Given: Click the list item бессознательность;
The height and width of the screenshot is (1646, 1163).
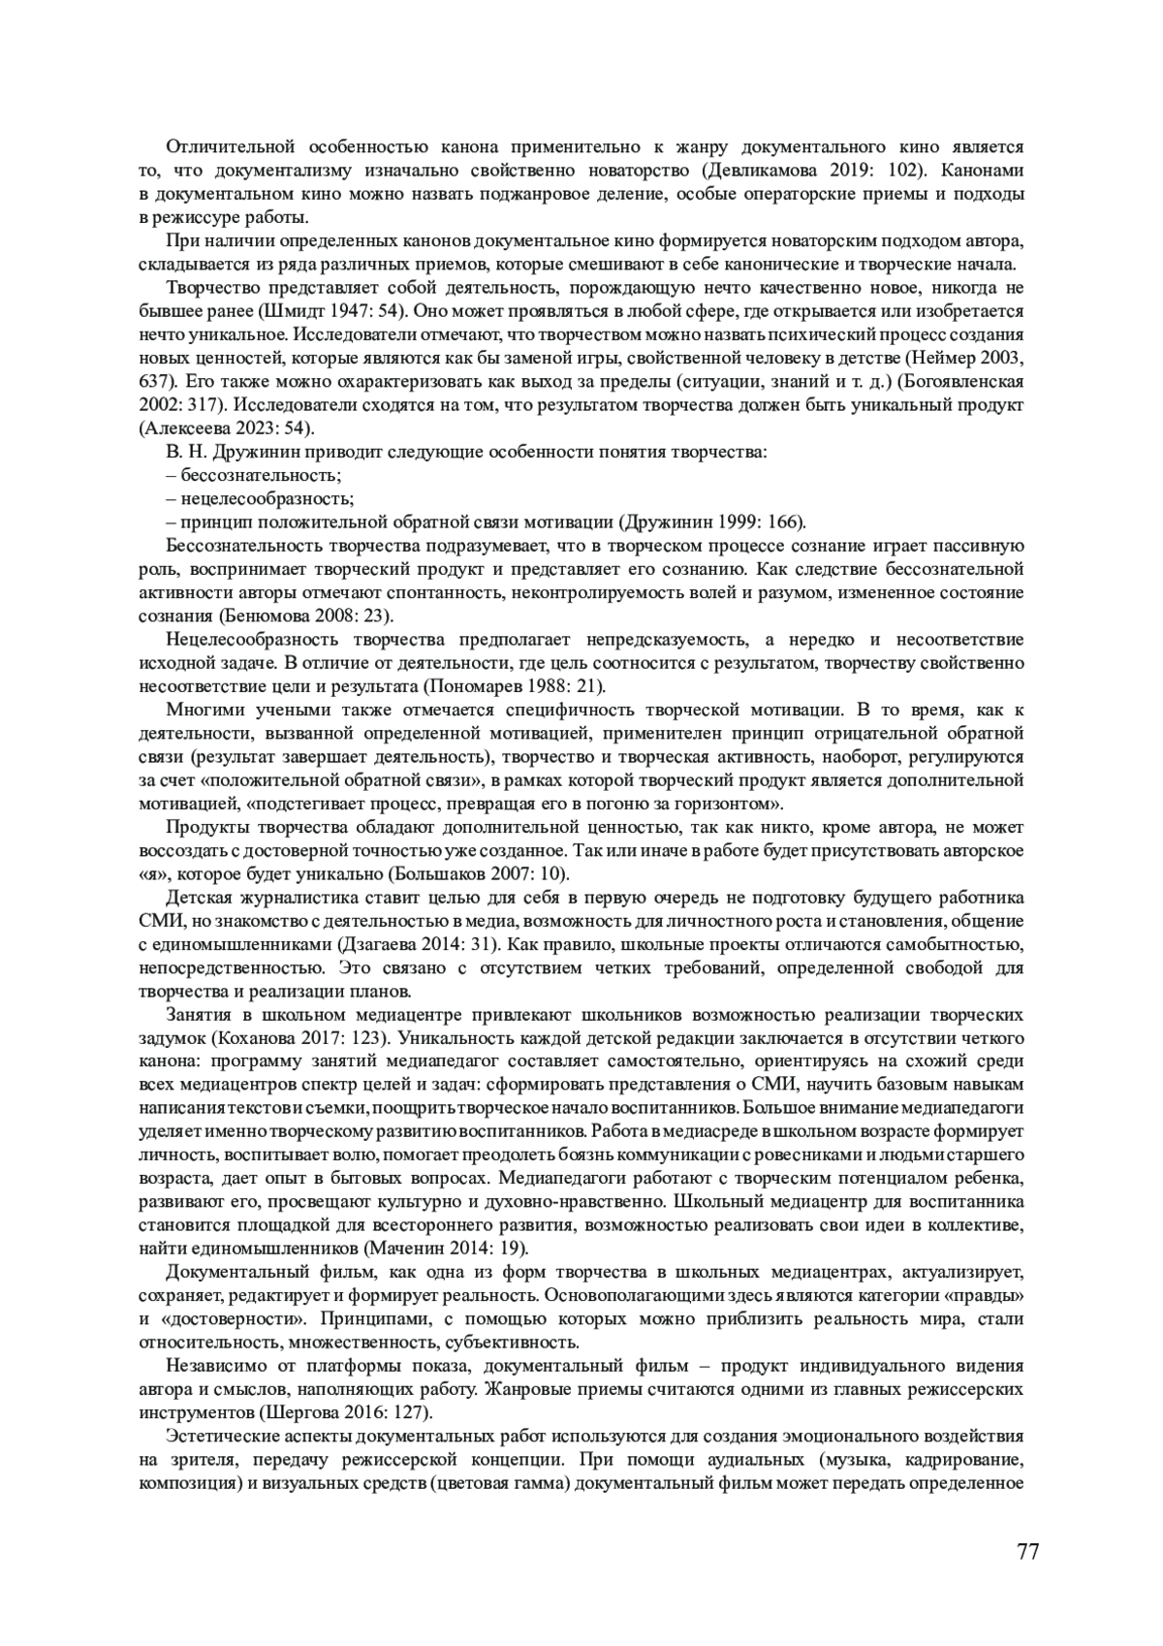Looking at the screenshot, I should point(253,476).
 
